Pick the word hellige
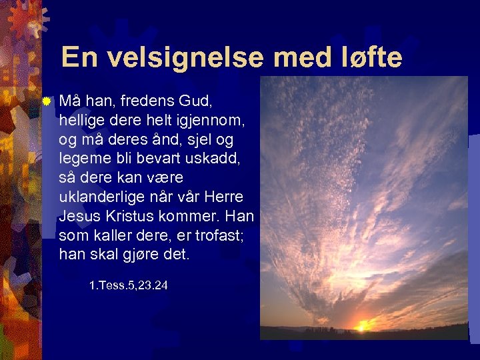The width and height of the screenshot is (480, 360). click(x=81, y=121)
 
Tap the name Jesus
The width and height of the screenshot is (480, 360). click(x=78, y=216)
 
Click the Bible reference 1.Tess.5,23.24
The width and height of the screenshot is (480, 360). click(x=128, y=286)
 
